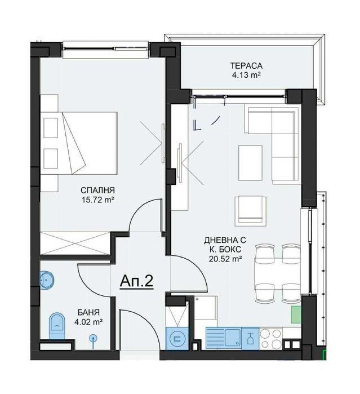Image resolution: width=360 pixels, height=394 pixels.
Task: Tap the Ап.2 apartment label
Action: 137,281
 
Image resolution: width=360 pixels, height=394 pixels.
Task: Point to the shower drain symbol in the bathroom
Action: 94,338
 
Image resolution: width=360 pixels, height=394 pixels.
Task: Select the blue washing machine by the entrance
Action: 177,339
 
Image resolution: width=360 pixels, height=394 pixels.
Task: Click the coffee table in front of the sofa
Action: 250,157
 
